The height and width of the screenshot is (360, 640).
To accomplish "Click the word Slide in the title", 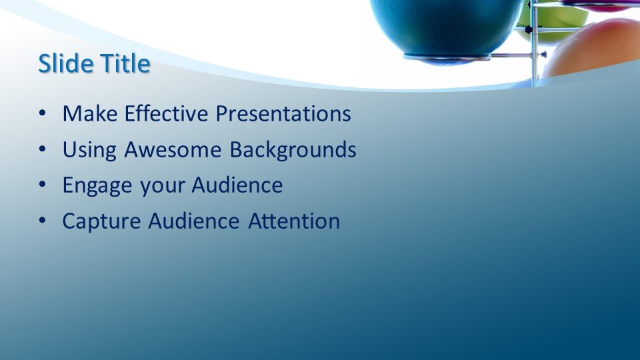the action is click(65, 63).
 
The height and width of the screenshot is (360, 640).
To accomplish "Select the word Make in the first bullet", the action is click(90, 113).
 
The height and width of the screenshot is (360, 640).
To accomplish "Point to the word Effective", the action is click(166, 113).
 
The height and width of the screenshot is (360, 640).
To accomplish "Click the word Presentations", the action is click(283, 113).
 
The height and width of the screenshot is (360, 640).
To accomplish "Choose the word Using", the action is click(89, 150).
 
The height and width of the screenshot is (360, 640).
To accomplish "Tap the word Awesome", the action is click(173, 149).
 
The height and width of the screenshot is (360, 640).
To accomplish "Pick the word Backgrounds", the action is click(293, 150).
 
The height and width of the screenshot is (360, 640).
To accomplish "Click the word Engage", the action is click(97, 186).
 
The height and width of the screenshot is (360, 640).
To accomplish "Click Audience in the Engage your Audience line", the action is click(237, 185).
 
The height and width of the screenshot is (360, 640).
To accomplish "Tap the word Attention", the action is click(294, 221).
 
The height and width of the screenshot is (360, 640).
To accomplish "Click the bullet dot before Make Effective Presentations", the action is click(43, 113).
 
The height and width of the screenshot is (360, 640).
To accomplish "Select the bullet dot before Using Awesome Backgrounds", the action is click(43, 149).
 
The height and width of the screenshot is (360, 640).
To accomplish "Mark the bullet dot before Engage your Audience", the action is click(43, 185).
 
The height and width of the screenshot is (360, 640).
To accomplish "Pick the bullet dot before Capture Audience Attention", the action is click(43, 221).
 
